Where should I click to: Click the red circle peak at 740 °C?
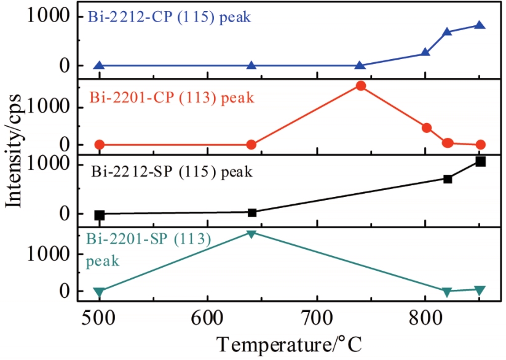(x=360, y=86)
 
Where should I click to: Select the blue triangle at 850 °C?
(x=480, y=25)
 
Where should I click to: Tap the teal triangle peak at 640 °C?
(x=251, y=234)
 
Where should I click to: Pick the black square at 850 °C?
(x=480, y=161)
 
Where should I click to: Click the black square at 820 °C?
(x=448, y=178)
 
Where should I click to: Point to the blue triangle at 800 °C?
(x=425, y=52)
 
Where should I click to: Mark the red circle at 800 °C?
(x=426, y=128)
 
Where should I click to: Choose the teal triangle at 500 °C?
(x=100, y=292)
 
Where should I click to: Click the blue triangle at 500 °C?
(x=100, y=65)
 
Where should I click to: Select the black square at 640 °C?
(x=251, y=212)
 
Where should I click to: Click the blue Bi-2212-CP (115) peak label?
(x=168, y=17)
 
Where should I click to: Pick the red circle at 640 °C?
(x=251, y=145)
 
